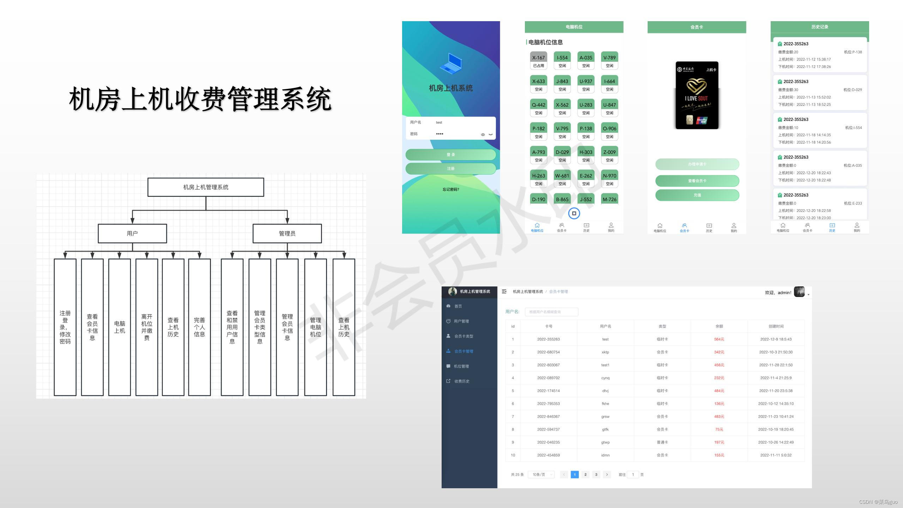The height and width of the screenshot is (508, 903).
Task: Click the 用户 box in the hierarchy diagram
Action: pos(132,234)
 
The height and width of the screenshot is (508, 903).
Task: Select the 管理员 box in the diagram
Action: pos(287,234)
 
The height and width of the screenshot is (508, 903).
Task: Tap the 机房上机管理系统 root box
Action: pos(206,187)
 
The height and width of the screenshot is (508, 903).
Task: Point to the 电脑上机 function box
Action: pos(120,327)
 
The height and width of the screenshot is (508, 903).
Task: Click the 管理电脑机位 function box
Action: pos(315,327)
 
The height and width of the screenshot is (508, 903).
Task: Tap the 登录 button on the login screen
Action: pos(450,155)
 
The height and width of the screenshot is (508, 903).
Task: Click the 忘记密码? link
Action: pos(451,189)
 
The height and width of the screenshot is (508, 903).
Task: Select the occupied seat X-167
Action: pos(538,61)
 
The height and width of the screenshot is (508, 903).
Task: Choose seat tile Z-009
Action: pos(609,155)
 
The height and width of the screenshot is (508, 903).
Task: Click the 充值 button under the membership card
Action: pos(697,195)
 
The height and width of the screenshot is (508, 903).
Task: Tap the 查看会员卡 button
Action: pos(697,181)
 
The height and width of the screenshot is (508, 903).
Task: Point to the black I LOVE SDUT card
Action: pos(697,95)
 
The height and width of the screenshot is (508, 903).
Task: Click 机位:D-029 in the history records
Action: pos(853,90)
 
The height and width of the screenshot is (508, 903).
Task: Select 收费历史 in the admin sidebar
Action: pos(462,381)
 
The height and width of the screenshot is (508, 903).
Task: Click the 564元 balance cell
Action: pos(719,339)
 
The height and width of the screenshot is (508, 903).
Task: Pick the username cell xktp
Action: pos(605,352)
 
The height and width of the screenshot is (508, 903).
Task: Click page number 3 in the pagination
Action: pos(596,474)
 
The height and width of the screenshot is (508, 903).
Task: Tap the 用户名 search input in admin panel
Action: pos(551,312)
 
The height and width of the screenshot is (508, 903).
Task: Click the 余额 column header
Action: pos(719,326)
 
